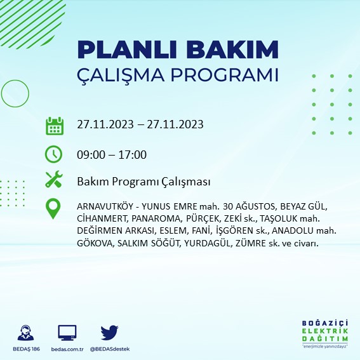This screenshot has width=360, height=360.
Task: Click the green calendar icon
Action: pos(55,125)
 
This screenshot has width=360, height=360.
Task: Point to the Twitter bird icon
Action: pos(110,332)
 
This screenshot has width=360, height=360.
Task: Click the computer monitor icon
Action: pos(67,332)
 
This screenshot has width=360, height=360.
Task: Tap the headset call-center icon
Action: pos(26,332)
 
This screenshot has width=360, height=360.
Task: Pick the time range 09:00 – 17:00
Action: pos(111,155)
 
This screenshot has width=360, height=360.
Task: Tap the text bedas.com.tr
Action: pos(67,349)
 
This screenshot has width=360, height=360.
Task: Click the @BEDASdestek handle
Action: pos(110,349)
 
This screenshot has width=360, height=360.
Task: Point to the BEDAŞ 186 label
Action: pos(26,349)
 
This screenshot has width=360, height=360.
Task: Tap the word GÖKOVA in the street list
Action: pos(93,243)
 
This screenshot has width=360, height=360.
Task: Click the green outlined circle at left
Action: pos(14,93)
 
